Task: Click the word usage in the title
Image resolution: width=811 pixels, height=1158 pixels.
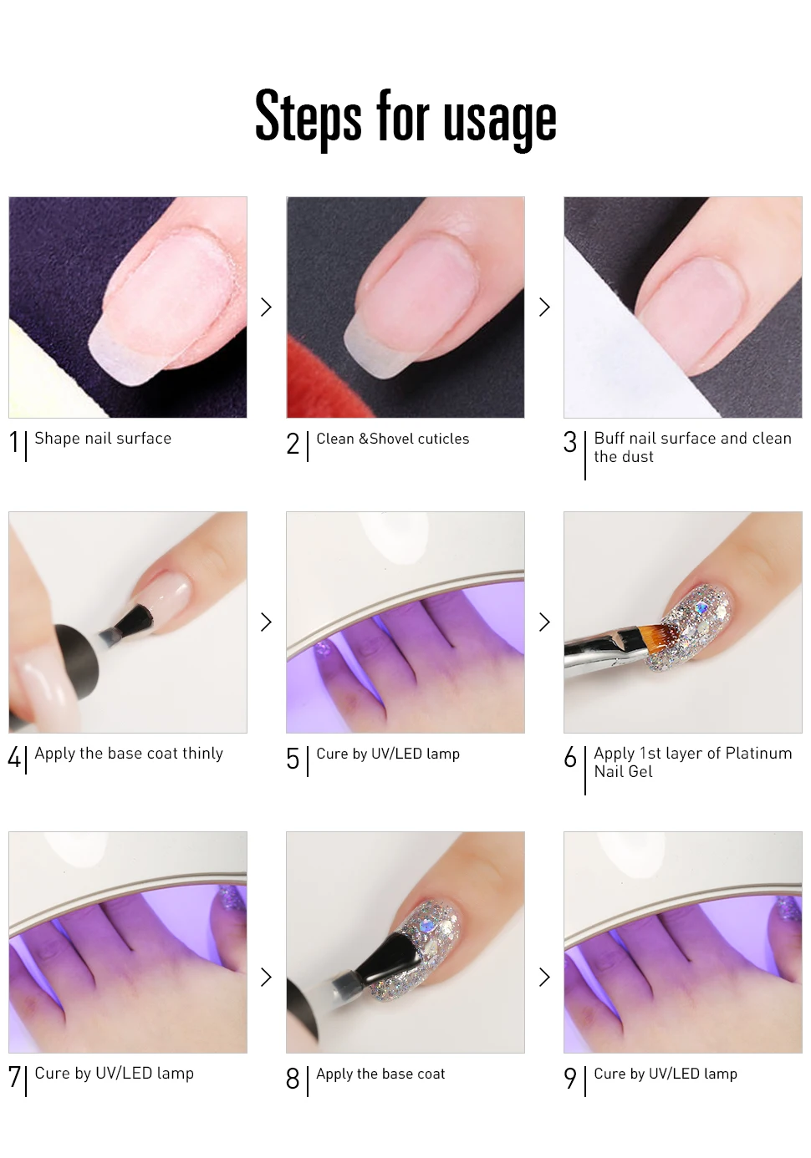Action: (x=500, y=120)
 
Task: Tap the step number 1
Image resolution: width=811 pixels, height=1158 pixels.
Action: (x=14, y=443)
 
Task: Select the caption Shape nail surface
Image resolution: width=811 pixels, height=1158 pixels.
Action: (x=103, y=439)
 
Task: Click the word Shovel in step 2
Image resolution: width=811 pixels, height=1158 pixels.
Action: (x=391, y=439)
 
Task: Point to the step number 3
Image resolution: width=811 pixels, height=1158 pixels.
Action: (x=570, y=443)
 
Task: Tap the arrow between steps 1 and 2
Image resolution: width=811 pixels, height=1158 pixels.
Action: (x=267, y=307)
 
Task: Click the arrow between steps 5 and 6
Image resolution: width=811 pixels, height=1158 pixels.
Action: (x=544, y=622)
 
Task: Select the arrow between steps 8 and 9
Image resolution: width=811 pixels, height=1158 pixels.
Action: (x=544, y=977)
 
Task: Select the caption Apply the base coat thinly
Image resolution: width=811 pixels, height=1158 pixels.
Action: (x=129, y=754)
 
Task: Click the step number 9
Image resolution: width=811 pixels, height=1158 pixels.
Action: (x=570, y=1079)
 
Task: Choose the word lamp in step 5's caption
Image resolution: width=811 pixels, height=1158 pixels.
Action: (x=443, y=754)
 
